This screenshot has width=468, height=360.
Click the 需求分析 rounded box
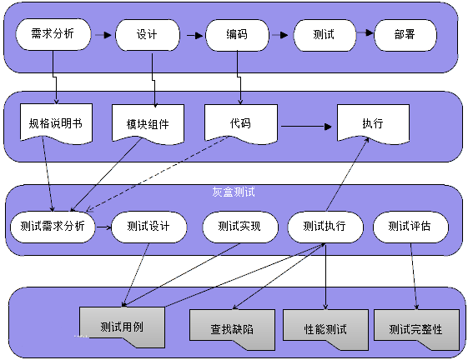tap(53, 34)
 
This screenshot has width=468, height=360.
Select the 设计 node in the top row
tap(148, 35)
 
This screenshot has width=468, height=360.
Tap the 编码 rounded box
tap(237, 35)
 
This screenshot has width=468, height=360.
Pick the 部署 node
tap(405, 35)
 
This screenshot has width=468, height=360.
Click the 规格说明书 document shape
tap(56, 122)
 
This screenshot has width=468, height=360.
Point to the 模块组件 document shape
tap(148, 124)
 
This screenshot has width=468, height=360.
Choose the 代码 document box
tap(241, 123)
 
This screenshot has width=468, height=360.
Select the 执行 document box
tap(373, 123)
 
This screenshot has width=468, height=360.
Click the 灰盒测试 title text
tap(234, 192)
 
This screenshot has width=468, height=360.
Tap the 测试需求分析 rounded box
tap(53, 227)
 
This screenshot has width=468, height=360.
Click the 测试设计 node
tap(148, 227)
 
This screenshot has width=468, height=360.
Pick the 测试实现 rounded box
tap(240, 227)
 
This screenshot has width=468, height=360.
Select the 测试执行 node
tap(325, 227)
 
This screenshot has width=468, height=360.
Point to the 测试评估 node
tap(410, 227)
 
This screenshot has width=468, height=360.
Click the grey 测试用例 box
tap(123, 327)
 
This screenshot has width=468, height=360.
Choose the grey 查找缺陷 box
tap(232, 329)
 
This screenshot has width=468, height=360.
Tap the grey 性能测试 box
tap(325, 329)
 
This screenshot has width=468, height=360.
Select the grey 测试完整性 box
tap(416, 329)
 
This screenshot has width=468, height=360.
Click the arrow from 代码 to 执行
tap(306, 127)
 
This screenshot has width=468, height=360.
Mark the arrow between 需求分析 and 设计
tap(103, 35)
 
